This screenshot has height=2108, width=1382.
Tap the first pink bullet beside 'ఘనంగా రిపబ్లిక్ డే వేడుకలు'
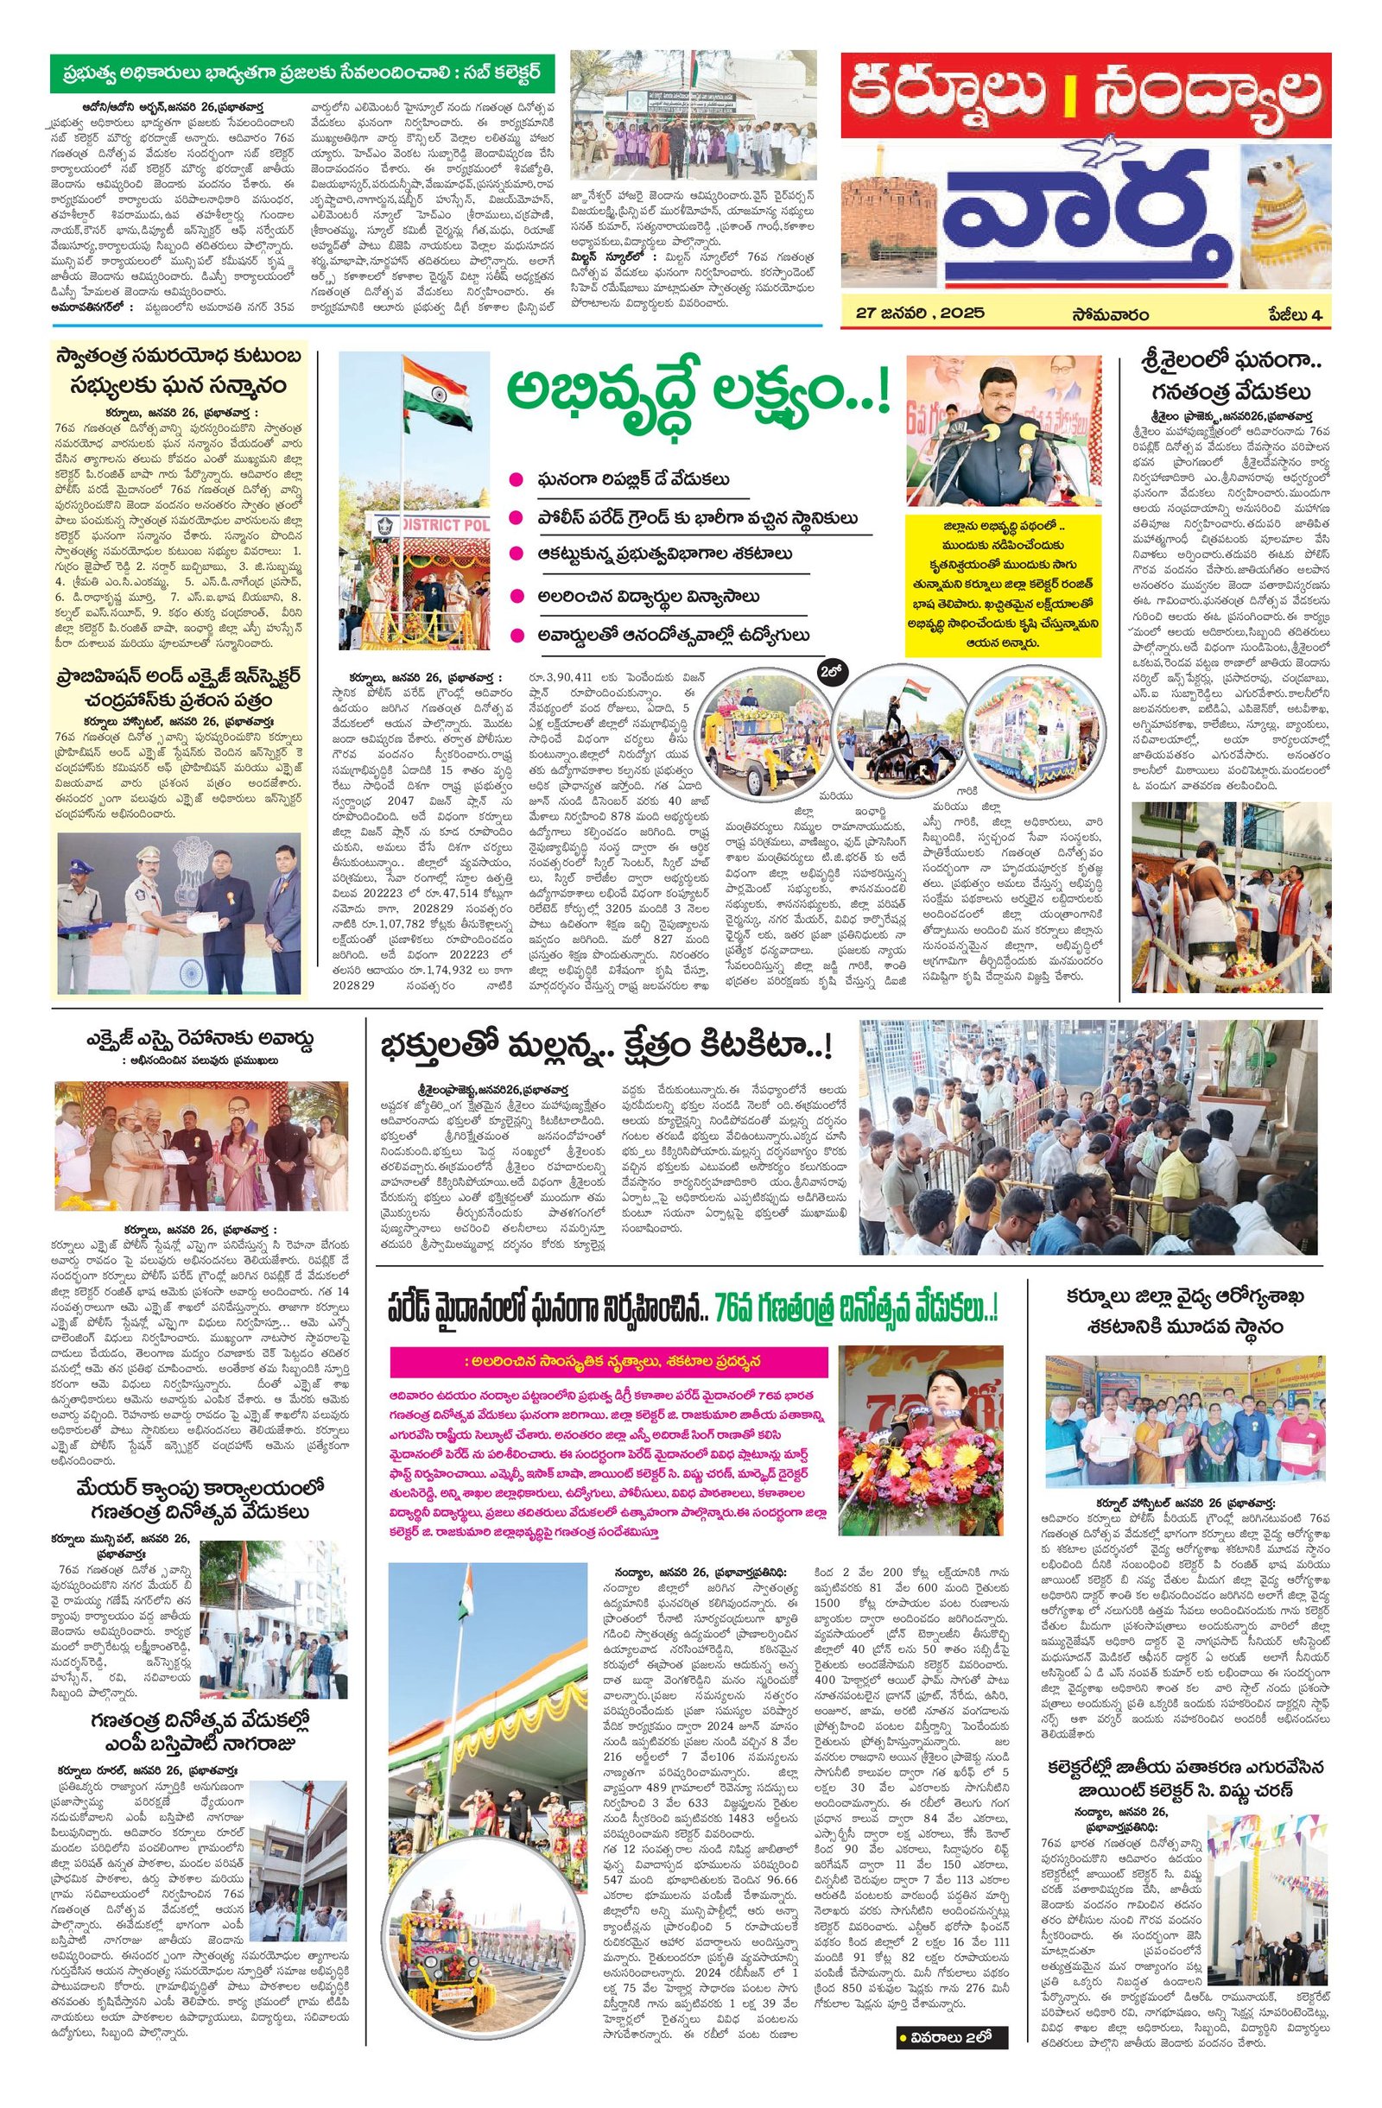click(513, 479)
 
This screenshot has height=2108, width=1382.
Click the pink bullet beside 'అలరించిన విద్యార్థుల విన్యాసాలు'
click(513, 597)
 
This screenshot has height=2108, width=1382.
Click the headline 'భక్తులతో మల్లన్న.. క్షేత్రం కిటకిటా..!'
click(612, 1048)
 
